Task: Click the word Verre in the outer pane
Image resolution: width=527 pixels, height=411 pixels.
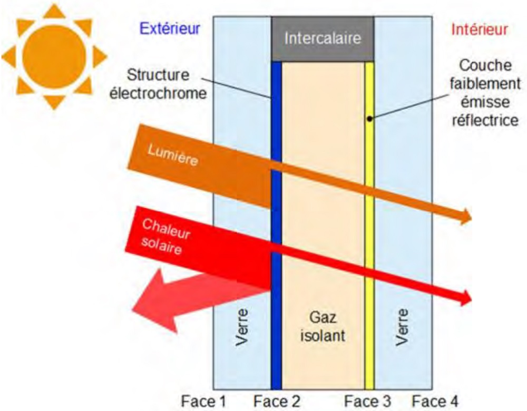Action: point(242,327)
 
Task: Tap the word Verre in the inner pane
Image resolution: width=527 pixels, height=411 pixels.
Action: point(403,327)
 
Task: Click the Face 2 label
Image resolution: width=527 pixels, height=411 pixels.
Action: point(276,402)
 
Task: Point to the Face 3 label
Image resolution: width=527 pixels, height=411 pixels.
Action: point(369,402)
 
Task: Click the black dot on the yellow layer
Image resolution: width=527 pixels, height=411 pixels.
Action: point(370,118)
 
